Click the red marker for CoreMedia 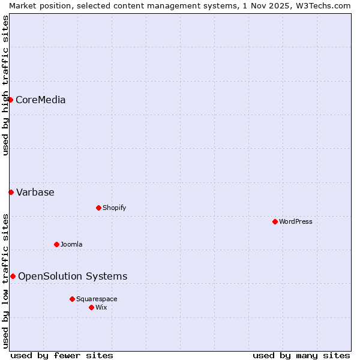click(10, 100)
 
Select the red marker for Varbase click(11, 192)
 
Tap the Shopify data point click(98, 208)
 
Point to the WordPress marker click(275, 221)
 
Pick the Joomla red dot click(56, 244)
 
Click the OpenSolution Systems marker click(13, 276)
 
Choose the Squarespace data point click(72, 299)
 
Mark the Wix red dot click(91, 307)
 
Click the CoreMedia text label click(40, 100)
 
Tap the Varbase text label click(35, 192)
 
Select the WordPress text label click(296, 221)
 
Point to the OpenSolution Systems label click(73, 276)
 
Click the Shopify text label click(114, 208)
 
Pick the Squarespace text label click(97, 299)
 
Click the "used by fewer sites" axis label click(62, 355)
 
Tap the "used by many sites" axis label click(301, 355)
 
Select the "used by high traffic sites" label click(5, 85)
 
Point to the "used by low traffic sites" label click(5, 281)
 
